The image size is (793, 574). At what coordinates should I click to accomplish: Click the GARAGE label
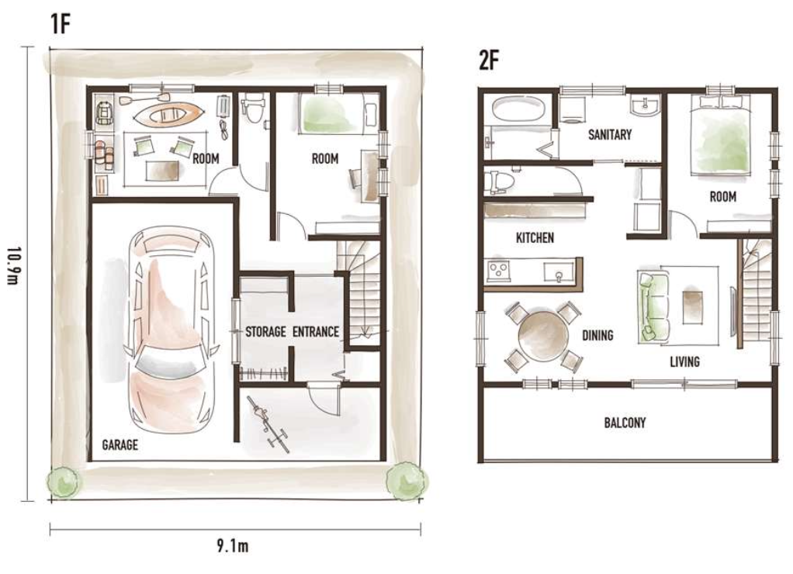click(119, 444)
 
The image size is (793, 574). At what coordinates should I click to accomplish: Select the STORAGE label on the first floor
click(265, 332)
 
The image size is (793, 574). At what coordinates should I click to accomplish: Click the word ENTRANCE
click(316, 332)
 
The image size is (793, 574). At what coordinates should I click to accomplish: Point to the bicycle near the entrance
click(268, 423)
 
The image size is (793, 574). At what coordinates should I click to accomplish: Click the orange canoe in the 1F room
click(168, 114)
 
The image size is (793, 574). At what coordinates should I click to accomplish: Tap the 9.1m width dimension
click(233, 546)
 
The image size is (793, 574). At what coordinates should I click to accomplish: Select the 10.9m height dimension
click(14, 265)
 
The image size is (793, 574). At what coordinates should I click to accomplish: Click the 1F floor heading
click(61, 23)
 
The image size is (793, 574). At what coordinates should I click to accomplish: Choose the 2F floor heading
click(489, 61)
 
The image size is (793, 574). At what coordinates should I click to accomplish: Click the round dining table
click(544, 335)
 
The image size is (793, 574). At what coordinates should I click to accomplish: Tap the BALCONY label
click(625, 422)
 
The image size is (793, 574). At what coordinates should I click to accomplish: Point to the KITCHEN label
click(535, 237)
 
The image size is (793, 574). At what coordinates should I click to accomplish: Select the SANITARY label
click(610, 134)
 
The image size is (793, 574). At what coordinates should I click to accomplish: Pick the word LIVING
click(685, 361)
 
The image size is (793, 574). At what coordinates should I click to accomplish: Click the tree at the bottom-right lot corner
click(407, 480)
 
